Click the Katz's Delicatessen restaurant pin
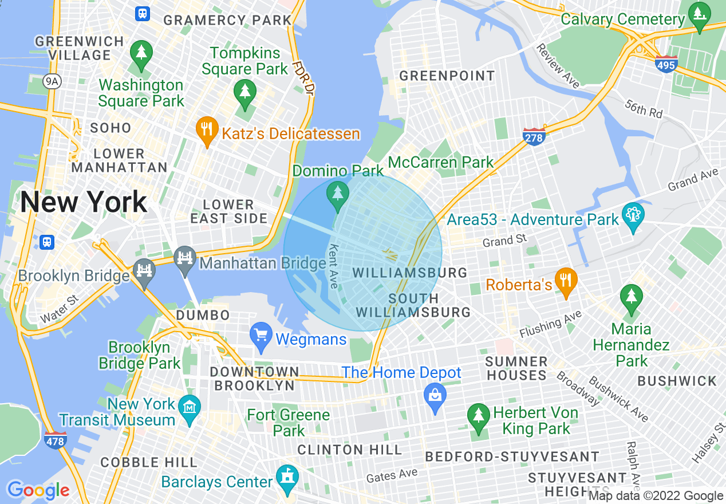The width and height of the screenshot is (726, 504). pyautogui.click(x=206, y=131)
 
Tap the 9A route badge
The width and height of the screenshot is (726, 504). pyautogui.click(x=52, y=82)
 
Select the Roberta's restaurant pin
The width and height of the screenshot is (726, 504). pyautogui.click(x=566, y=281)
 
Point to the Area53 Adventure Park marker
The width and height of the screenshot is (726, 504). pyautogui.click(x=633, y=216)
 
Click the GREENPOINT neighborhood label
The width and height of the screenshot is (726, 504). pyautogui.click(x=447, y=76)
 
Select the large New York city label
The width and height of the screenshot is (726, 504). pyautogui.click(x=84, y=202)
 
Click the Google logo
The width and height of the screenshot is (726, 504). pyautogui.click(x=38, y=490)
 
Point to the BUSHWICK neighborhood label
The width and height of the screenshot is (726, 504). pyautogui.click(x=677, y=381)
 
